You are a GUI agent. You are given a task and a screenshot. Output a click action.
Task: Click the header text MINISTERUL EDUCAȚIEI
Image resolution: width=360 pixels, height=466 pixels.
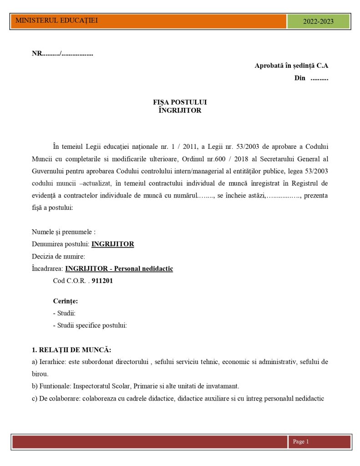pyautogui.click(x=56, y=20)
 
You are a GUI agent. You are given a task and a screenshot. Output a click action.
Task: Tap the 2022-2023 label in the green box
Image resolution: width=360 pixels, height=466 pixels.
pyautogui.click(x=318, y=21)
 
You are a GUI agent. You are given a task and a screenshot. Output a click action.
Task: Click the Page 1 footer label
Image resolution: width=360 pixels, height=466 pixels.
pyautogui.click(x=301, y=441)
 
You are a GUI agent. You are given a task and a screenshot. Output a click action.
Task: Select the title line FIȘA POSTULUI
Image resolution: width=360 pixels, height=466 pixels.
pyautogui.click(x=180, y=102)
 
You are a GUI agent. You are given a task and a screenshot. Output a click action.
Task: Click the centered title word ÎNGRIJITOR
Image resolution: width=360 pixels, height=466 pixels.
pyautogui.click(x=180, y=110)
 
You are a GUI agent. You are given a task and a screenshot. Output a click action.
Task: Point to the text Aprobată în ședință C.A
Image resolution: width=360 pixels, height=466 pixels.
pyautogui.click(x=291, y=66)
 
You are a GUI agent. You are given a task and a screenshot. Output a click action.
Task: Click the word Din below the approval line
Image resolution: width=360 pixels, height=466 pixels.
pyautogui.click(x=300, y=78)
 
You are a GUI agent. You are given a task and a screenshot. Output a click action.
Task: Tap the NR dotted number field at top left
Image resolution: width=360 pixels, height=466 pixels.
pyautogui.click(x=62, y=54)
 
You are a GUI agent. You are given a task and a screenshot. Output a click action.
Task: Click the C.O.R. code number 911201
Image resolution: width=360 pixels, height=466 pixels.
pyautogui.click(x=102, y=281)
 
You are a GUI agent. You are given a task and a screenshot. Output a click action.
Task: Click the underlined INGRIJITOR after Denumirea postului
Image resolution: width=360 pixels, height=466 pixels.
pyautogui.click(x=113, y=244)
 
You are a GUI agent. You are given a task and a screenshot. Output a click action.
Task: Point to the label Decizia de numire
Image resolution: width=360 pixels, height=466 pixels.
pyautogui.click(x=58, y=256)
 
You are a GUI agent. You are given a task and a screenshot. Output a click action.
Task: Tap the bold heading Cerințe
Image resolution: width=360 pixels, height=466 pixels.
pyautogui.click(x=66, y=301)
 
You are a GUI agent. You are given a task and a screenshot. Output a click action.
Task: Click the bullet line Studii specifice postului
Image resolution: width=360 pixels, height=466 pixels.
pyautogui.click(x=92, y=325)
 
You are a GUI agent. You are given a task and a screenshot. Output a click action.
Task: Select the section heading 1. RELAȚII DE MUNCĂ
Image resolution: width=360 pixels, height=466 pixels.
pyautogui.click(x=71, y=350)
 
